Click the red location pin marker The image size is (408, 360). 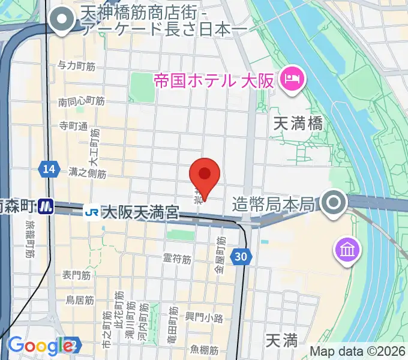tap(205, 176)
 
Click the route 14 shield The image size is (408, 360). tap(49, 170)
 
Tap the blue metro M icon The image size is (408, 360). tap(46, 207)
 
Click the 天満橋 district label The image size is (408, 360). tap(298, 124)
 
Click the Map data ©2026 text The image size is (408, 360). tap(358, 351)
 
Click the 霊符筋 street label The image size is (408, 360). tap(177, 259)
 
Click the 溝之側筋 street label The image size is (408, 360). tap(88, 174)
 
